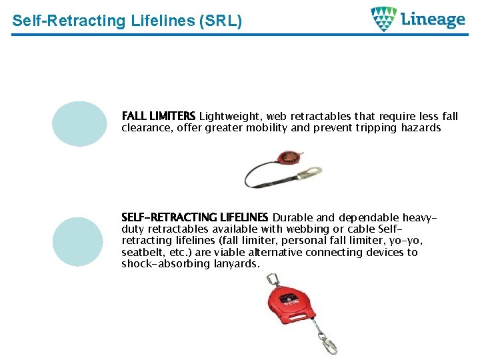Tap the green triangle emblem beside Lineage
pyautogui.click(x=384, y=19)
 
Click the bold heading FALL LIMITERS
pyautogui.click(x=159, y=117)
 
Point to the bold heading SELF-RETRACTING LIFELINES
pyautogui.click(x=195, y=217)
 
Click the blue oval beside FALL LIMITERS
pyautogui.click(x=79, y=123)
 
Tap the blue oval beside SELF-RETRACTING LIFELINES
pyautogui.click(x=78, y=241)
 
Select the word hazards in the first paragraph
pyautogui.click(x=420, y=128)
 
